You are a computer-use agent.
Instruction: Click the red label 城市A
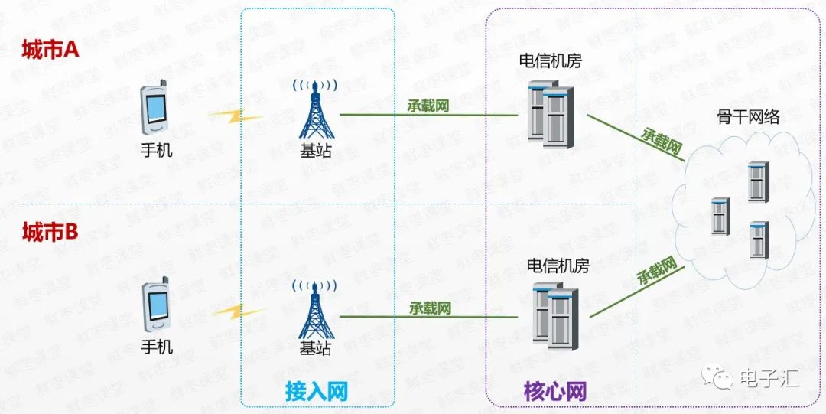(x=50, y=51)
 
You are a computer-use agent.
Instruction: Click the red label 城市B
(x=50, y=232)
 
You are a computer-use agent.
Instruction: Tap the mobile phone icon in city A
(x=155, y=108)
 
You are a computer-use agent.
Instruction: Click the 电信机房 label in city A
(x=550, y=60)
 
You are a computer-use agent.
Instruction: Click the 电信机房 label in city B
(x=558, y=266)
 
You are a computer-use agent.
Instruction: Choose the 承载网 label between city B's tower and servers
(x=430, y=308)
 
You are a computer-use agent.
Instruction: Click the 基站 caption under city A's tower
(x=316, y=151)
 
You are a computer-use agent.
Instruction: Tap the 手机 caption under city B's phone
(x=158, y=347)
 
